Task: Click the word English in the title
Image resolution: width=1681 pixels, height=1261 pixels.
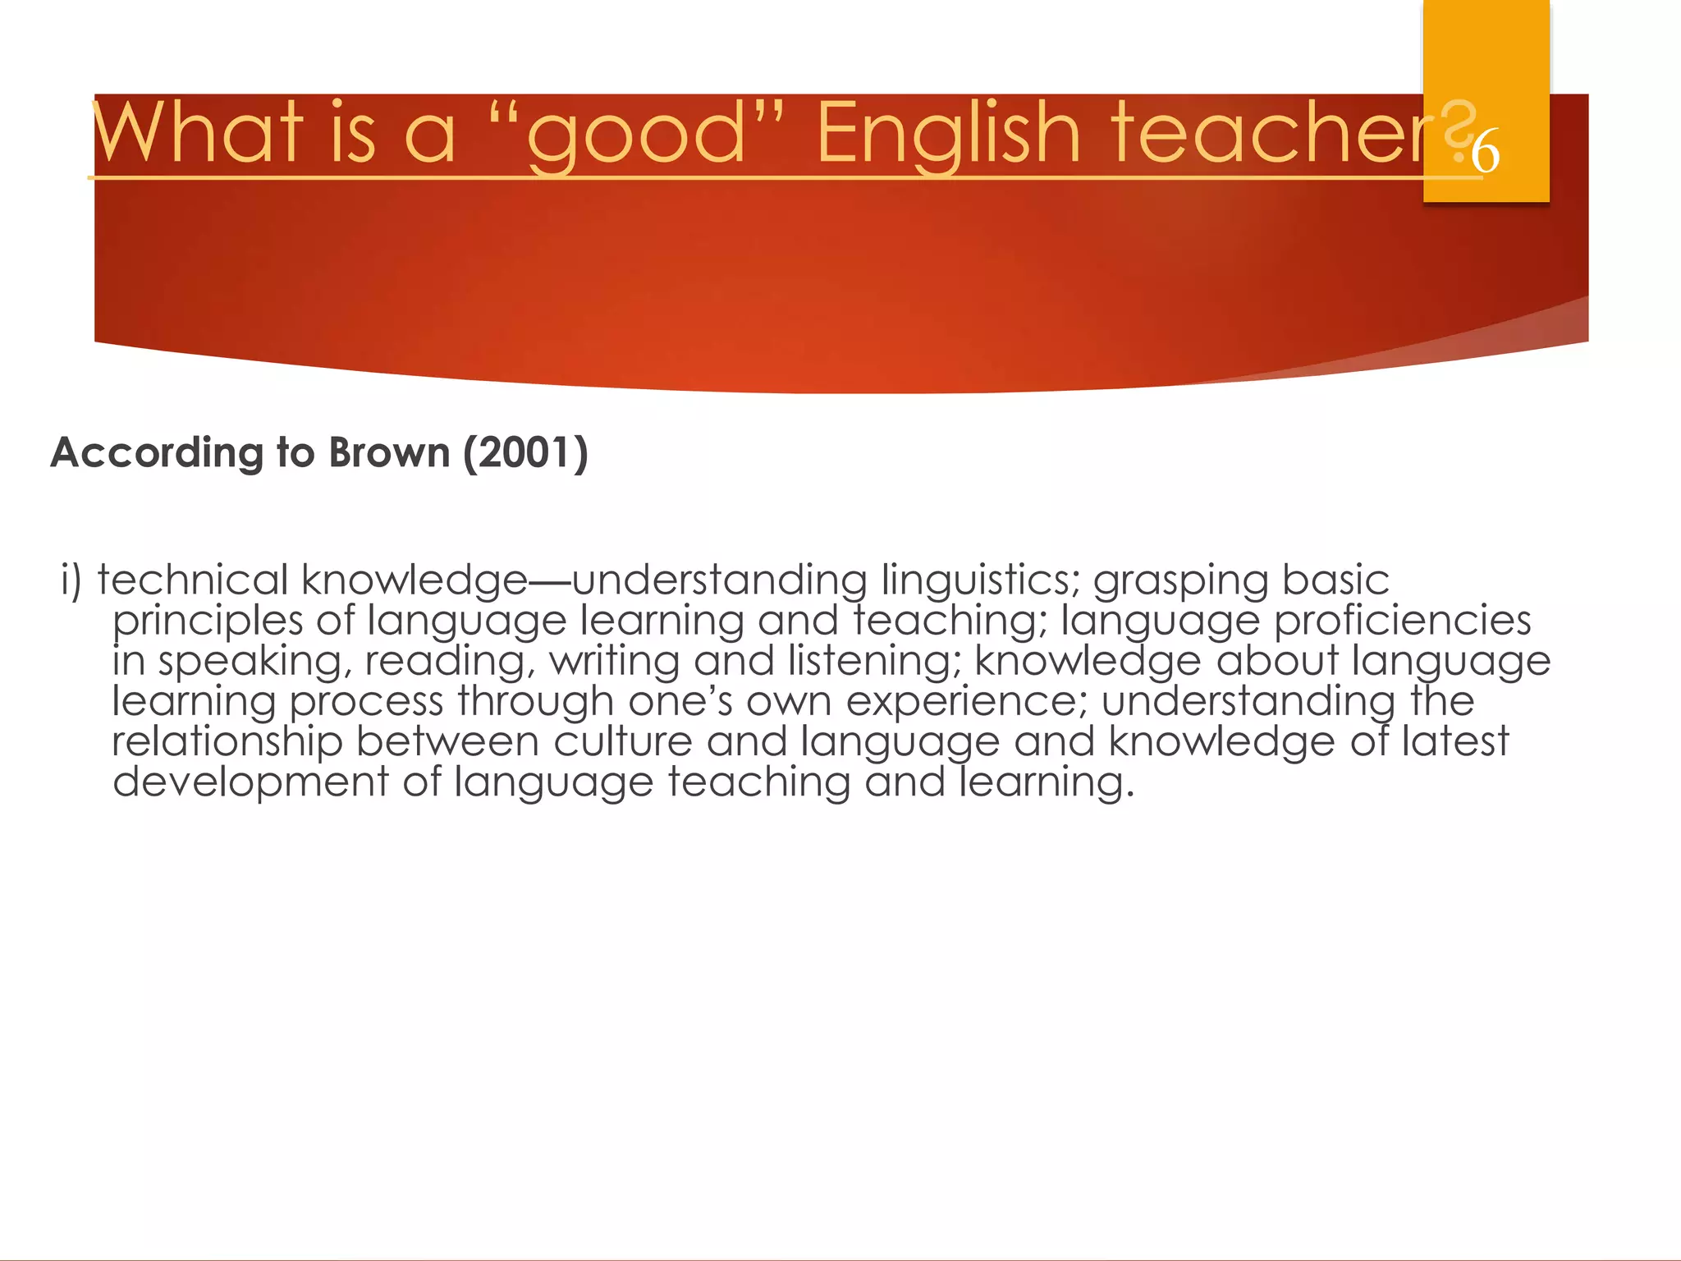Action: point(948,133)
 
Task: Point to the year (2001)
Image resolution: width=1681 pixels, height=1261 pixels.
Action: point(525,452)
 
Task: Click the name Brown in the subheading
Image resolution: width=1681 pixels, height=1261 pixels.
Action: point(389,452)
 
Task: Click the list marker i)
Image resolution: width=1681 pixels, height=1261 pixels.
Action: point(71,580)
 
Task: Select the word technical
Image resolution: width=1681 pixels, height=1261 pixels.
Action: point(192,580)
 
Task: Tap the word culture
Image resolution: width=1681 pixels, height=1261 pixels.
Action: point(623,741)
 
